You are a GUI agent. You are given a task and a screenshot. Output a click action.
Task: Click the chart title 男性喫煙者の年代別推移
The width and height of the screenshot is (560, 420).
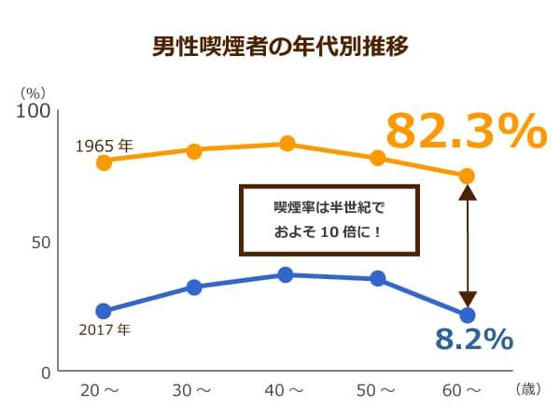click(280, 46)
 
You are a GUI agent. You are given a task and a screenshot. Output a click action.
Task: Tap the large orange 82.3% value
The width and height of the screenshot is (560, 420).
click(465, 132)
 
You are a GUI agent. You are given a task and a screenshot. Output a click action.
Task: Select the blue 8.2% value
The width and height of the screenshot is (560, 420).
click(474, 339)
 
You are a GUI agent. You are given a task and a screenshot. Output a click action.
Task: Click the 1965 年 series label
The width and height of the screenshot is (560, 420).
click(105, 146)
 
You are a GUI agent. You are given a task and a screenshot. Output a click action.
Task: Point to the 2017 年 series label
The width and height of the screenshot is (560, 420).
click(105, 329)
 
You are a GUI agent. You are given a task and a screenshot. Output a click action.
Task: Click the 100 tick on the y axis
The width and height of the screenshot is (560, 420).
click(34, 111)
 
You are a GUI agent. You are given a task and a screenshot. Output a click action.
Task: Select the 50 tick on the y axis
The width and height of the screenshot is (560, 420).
click(39, 242)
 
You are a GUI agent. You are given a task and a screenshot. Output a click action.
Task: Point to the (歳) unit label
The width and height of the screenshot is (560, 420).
click(528, 389)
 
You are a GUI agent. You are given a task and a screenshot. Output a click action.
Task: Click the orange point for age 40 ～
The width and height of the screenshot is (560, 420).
click(287, 144)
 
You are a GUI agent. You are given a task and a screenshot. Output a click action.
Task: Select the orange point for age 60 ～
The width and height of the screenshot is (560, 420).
click(468, 175)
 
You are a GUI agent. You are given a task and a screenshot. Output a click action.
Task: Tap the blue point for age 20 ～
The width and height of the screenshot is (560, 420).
click(104, 311)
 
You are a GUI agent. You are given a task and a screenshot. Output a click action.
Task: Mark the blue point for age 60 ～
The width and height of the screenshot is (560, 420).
click(468, 315)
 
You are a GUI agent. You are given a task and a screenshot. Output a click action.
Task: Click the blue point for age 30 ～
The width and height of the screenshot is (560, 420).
click(194, 287)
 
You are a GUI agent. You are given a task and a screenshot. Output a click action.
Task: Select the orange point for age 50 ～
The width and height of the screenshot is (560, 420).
click(377, 158)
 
